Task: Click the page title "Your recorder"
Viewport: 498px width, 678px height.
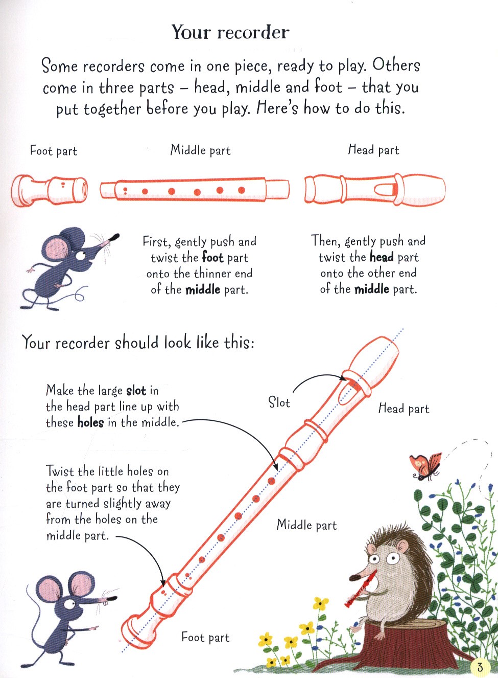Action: (x=230, y=32)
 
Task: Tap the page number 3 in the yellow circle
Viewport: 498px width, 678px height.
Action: (x=480, y=667)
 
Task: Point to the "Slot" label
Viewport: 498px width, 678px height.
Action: (x=279, y=402)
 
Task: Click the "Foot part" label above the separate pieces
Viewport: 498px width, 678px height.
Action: (x=54, y=151)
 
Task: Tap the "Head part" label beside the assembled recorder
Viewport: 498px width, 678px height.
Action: (x=404, y=409)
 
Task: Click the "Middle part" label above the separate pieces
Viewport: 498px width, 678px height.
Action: (x=200, y=150)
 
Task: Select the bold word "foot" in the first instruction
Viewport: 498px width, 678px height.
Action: (x=213, y=258)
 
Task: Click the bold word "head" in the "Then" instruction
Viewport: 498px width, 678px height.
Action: (x=382, y=257)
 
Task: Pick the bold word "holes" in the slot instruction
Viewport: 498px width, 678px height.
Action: (x=90, y=422)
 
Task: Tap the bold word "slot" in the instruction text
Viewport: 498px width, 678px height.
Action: (x=136, y=391)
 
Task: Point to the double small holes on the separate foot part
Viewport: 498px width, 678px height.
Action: (x=63, y=185)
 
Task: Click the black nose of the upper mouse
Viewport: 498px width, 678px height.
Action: (x=114, y=237)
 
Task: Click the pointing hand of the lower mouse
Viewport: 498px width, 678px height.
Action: (x=94, y=628)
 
